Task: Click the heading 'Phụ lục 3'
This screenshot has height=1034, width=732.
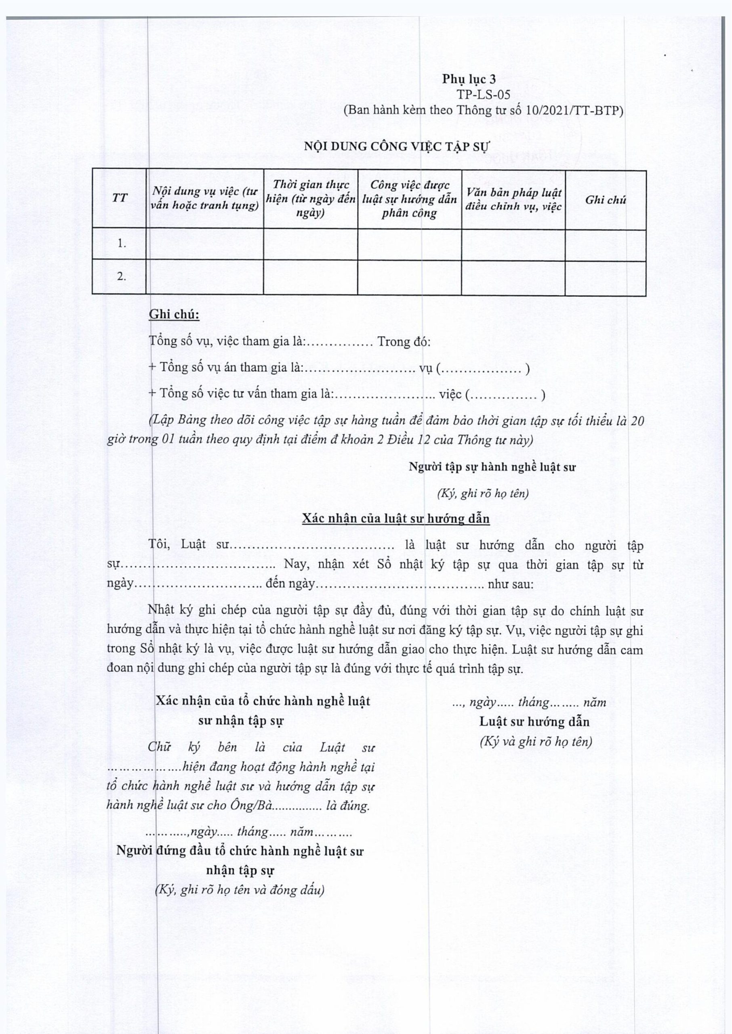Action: (x=469, y=79)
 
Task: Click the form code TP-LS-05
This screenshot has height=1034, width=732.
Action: (x=483, y=95)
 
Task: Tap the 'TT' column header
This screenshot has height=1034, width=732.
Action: (x=120, y=198)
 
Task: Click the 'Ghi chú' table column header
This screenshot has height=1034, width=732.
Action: (x=605, y=200)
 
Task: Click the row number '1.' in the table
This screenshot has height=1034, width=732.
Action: (x=122, y=243)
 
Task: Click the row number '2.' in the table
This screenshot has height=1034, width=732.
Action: (x=122, y=277)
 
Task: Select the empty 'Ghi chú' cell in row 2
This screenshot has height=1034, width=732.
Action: (x=605, y=277)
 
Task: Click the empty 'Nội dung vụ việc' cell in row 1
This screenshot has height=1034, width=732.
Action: (x=205, y=244)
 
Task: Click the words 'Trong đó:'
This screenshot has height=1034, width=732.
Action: (x=404, y=342)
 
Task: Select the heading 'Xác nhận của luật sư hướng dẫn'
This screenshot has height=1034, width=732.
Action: (x=396, y=519)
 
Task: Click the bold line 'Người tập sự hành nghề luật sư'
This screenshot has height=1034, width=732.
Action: (x=492, y=467)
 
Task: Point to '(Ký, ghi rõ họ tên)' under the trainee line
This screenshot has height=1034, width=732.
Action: (x=483, y=493)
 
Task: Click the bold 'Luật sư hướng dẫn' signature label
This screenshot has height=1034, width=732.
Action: (x=534, y=721)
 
